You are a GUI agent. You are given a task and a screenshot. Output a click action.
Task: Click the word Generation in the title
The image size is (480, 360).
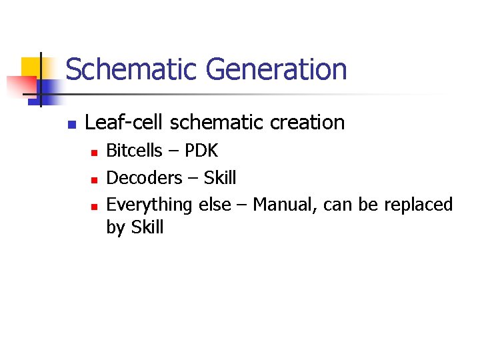point(276,70)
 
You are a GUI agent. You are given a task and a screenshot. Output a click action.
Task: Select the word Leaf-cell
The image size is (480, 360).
point(125,123)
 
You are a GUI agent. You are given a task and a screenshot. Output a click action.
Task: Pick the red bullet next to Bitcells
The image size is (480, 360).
point(94,153)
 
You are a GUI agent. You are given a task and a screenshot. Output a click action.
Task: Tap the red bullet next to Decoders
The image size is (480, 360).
point(94,179)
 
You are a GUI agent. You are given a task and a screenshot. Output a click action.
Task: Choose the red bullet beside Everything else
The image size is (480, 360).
point(94,206)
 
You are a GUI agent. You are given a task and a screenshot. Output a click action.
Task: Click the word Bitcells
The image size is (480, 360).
point(134,151)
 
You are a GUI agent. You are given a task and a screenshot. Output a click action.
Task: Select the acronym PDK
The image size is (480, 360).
point(201,151)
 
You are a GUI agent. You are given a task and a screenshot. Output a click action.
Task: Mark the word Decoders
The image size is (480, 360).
point(144,177)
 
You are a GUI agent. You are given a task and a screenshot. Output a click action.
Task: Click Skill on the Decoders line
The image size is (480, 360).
point(220,177)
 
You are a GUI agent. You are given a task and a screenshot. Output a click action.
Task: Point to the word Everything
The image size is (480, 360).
point(150,204)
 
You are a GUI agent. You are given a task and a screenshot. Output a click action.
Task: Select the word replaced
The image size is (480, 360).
point(418,204)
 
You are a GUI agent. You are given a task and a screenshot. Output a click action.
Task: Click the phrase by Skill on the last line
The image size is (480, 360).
point(135,227)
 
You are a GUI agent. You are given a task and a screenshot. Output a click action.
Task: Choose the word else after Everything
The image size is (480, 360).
point(214,204)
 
